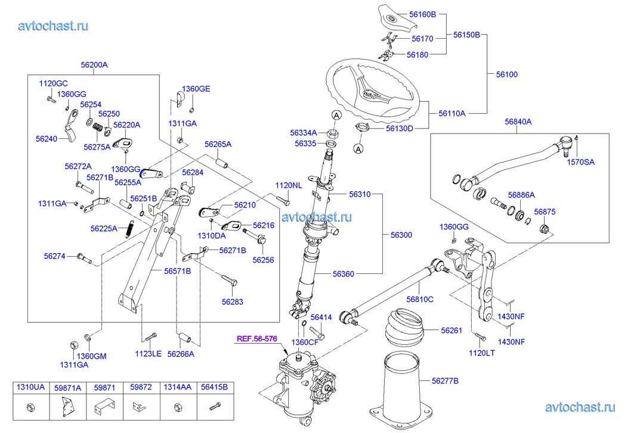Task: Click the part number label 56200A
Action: (94, 64)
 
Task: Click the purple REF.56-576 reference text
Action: (257, 339)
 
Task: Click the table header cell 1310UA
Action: (30, 388)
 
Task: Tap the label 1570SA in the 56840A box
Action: (580, 162)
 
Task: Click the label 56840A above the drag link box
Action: (518, 122)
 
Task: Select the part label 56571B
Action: (178, 271)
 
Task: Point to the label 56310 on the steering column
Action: (360, 194)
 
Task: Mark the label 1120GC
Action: (54, 84)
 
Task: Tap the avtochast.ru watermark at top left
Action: (54, 25)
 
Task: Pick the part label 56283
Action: (233, 302)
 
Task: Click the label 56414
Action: (321, 317)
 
